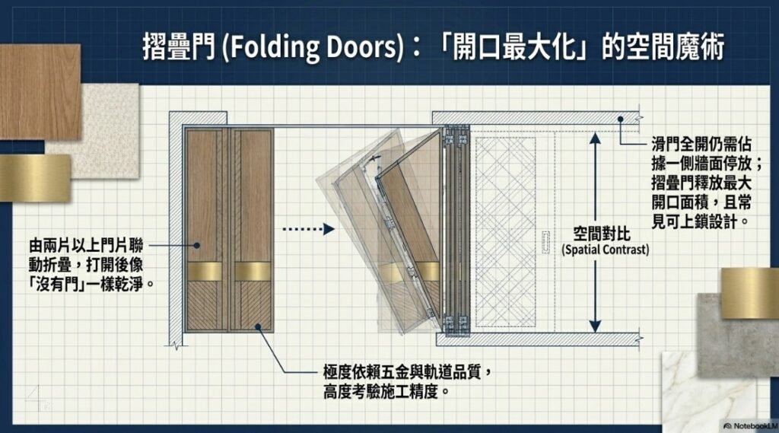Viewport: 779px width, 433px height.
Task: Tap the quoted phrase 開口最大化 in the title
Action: [x=516, y=47]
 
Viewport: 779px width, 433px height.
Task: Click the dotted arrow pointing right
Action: [x=309, y=229]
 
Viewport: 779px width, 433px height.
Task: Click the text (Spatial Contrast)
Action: [x=605, y=250]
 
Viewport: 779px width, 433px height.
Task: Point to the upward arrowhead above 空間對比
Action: [x=595, y=138]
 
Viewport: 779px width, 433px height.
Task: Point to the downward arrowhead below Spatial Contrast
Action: [x=595, y=326]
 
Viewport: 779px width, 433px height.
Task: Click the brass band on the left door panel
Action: [x=205, y=272]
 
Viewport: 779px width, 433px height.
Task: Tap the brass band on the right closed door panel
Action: [x=253, y=272]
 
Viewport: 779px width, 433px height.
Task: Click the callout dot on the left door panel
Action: [x=197, y=245]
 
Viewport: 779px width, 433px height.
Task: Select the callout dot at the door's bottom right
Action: [x=259, y=326]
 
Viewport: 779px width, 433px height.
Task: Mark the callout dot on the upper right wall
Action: [x=621, y=119]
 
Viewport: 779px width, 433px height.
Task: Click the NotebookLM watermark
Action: [x=751, y=426]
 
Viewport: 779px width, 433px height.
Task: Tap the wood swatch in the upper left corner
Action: [x=40, y=92]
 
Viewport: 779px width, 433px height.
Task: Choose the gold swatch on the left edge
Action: [x=35, y=178]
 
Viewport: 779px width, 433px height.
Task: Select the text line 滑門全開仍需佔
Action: [x=701, y=145]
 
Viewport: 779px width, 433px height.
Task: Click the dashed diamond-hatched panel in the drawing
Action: [x=505, y=231]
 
